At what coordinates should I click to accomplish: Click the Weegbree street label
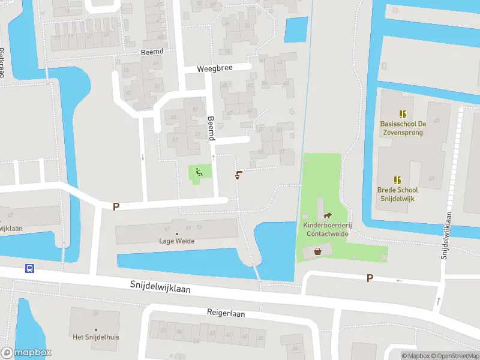coord(214,69)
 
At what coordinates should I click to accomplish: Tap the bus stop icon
coord(29,268)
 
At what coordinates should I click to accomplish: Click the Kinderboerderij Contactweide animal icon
coord(327,216)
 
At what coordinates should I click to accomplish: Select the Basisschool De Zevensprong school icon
coord(403,113)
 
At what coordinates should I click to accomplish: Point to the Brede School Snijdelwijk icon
coord(397,179)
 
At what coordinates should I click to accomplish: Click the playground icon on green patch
coord(199,173)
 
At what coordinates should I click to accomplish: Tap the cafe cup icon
coord(239,175)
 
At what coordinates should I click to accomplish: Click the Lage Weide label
coord(176,241)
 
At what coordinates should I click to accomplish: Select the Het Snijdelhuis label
coord(96,337)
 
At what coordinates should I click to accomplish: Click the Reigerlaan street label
coord(226,313)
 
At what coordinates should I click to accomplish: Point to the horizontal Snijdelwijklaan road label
coord(160,287)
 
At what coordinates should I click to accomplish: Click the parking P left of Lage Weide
coord(116,206)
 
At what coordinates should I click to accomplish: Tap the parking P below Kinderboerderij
coord(370,278)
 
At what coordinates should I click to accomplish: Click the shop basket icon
coord(317,251)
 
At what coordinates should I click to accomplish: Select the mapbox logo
coord(26,353)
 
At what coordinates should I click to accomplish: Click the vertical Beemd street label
coord(211,128)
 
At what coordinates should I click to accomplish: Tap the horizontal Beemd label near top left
coord(152,52)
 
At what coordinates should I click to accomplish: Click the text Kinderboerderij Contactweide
coord(326,229)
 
